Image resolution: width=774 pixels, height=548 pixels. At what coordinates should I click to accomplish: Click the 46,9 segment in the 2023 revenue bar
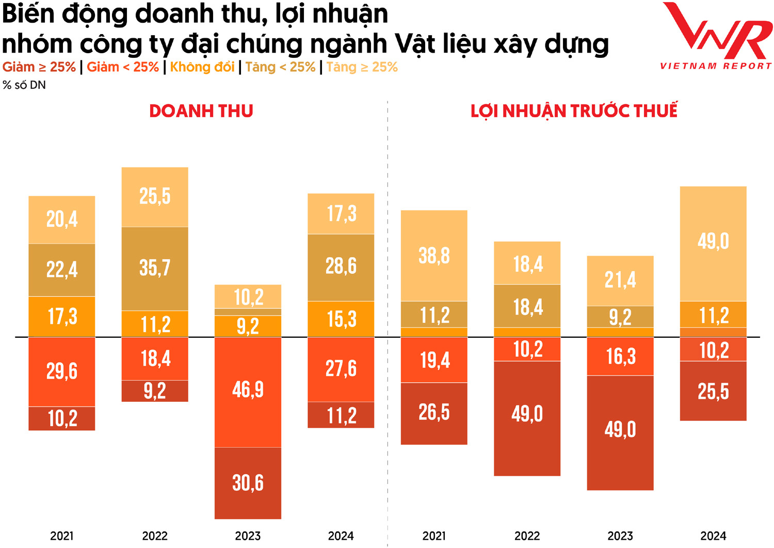(x=248, y=390)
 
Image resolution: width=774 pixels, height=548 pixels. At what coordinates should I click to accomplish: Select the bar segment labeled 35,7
(x=155, y=268)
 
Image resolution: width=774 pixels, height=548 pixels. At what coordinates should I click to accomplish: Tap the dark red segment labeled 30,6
(x=248, y=483)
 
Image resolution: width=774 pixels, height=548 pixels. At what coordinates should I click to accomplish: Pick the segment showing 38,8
(x=434, y=256)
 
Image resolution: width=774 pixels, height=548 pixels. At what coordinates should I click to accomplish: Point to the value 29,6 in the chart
(x=62, y=371)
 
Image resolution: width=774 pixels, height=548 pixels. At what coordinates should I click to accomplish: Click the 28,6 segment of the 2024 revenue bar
(x=341, y=267)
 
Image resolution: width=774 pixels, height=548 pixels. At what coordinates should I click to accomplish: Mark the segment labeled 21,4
(x=620, y=280)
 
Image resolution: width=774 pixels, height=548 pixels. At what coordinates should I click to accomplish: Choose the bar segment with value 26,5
(x=434, y=413)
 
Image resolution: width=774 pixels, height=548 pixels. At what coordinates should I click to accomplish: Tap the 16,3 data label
(x=620, y=356)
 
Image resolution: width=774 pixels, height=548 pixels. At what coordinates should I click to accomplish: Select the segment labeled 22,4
(x=62, y=270)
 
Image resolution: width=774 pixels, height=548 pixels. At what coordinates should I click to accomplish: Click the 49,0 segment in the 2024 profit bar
(x=713, y=242)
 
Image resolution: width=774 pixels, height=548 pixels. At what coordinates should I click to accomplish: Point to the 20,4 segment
(x=62, y=220)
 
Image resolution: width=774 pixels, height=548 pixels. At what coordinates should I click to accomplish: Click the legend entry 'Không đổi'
(x=202, y=67)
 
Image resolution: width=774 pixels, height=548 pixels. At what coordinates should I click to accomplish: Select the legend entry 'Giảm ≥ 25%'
(x=39, y=67)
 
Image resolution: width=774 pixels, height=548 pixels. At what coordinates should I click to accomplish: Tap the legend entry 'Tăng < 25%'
(x=280, y=67)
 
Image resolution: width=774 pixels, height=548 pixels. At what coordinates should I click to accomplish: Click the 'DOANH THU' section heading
(x=201, y=111)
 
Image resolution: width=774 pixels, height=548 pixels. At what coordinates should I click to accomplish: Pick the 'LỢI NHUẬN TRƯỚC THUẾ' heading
(x=574, y=111)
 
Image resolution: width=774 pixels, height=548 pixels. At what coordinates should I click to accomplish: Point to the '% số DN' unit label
(x=24, y=85)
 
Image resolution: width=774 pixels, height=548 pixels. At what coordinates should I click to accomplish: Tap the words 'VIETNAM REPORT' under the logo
(x=716, y=66)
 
